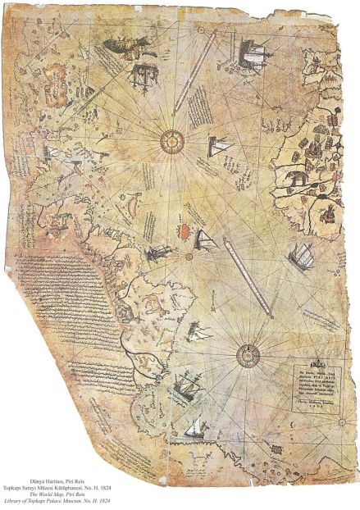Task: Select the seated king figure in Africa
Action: [330, 215]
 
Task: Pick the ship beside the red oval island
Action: [205, 240]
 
